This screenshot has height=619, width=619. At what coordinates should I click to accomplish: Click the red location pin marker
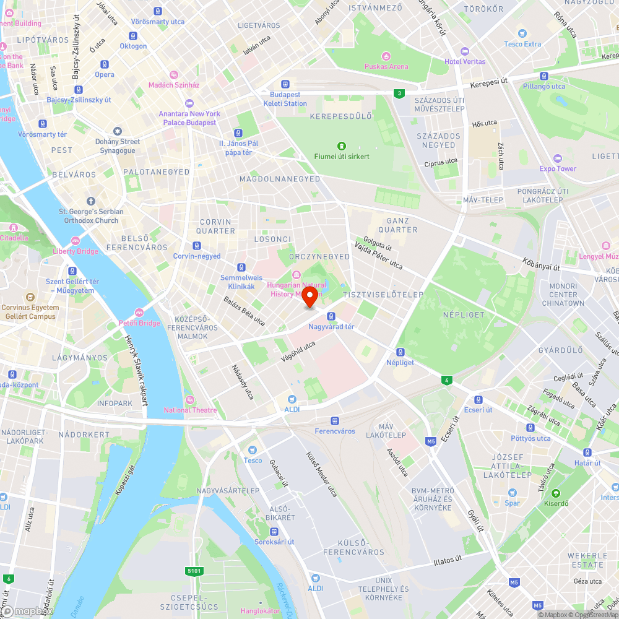pyautogui.click(x=309, y=295)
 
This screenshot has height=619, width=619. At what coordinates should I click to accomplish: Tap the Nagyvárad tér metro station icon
pyautogui.click(x=331, y=316)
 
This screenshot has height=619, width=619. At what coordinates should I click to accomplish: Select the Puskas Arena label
pyautogui.click(x=386, y=66)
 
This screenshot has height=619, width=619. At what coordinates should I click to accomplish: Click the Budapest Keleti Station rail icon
pyautogui.click(x=285, y=84)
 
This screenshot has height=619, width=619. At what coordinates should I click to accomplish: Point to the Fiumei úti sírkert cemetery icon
pyautogui.click(x=341, y=146)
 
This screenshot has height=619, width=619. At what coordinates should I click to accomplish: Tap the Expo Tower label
pyautogui.click(x=557, y=168)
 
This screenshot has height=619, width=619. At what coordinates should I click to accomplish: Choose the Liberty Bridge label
pyautogui.click(x=75, y=251)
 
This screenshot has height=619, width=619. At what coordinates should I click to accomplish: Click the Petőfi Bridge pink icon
pyautogui.click(x=139, y=313)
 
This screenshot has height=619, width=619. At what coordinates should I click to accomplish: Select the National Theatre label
pyautogui.click(x=190, y=410)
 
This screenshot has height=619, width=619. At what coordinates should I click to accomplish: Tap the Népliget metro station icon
pyautogui.click(x=400, y=352)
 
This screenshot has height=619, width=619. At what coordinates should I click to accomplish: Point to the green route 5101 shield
pyautogui.click(x=194, y=571)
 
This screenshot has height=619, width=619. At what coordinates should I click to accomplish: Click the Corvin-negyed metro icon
pyautogui.click(x=197, y=245)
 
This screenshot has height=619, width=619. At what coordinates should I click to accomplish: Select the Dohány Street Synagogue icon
pyautogui.click(x=117, y=131)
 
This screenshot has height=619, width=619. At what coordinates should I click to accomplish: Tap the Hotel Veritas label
pyautogui.click(x=464, y=61)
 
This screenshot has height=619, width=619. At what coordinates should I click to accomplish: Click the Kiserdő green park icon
pyautogui.click(x=556, y=493)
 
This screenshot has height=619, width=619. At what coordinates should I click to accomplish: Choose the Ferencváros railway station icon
pyautogui.click(x=334, y=420)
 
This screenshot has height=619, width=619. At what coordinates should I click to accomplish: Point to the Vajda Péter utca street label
pyautogui.click(x=378, y=256)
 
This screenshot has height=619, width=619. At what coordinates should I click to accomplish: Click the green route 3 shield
pyautogui.click(x=400, y=93)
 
